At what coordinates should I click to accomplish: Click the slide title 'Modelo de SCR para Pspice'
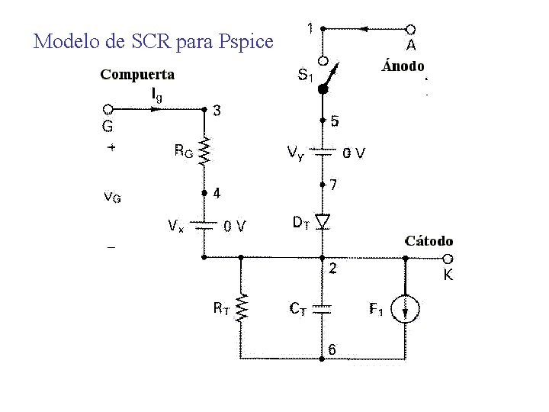click(153, 41)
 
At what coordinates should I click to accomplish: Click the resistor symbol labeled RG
click(204, 152)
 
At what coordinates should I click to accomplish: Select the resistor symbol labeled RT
click(242, 308)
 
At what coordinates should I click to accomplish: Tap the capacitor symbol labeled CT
click(323, 308)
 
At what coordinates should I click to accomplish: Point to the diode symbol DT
click(323, 221)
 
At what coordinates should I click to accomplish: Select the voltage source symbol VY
click(323, 153)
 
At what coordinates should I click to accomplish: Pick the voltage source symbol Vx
click(204, 226)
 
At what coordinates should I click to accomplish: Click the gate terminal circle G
click(108, 109)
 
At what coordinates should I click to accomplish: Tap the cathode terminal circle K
click(448, 259)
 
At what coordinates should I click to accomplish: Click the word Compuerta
click(137, 75)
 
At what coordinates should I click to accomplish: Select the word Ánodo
click(403, 66)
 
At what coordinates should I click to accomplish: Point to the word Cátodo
click(429, 241)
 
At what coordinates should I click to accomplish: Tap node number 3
click(217, 111)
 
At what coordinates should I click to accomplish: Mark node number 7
click(334, 185)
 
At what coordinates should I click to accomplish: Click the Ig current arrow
click(157, 109)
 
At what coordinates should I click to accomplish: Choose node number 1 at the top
click(310, 29)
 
